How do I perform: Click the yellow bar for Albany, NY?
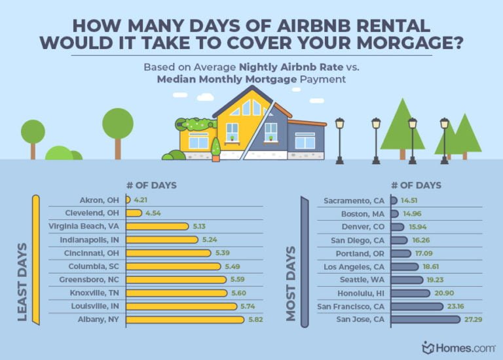point(185,319)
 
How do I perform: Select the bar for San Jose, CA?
point(426,319)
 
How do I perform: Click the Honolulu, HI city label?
point(362,293)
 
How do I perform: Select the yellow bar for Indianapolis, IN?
point(162,240)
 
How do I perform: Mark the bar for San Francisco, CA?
point(417,306)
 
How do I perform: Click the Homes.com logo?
point(456,347)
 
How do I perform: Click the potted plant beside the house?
point(215,150)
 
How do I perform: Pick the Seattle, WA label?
point(364,279)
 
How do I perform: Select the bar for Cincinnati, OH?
point(168,253)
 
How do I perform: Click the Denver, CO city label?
point(363,226)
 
